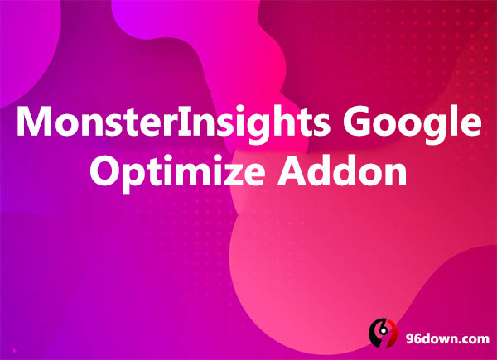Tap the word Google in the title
point(412,124)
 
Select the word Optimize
point(177,173)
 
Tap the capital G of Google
point(355,121)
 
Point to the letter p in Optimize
point(133,178)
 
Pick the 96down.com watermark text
point(447,339)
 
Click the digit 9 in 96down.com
point(409,339)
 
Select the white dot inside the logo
point(384,330)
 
